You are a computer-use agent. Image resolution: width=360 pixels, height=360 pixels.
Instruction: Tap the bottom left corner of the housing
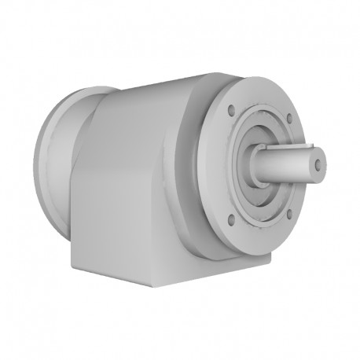(x=72, y=259)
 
